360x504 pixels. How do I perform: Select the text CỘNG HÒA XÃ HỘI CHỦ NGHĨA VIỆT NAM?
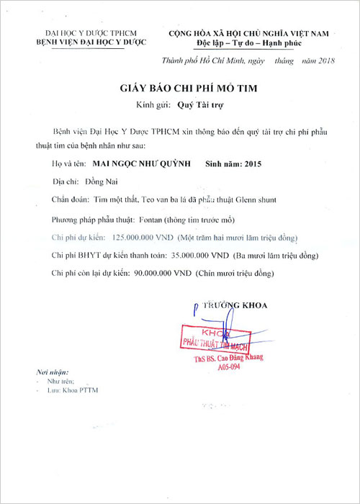pos(248,33)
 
